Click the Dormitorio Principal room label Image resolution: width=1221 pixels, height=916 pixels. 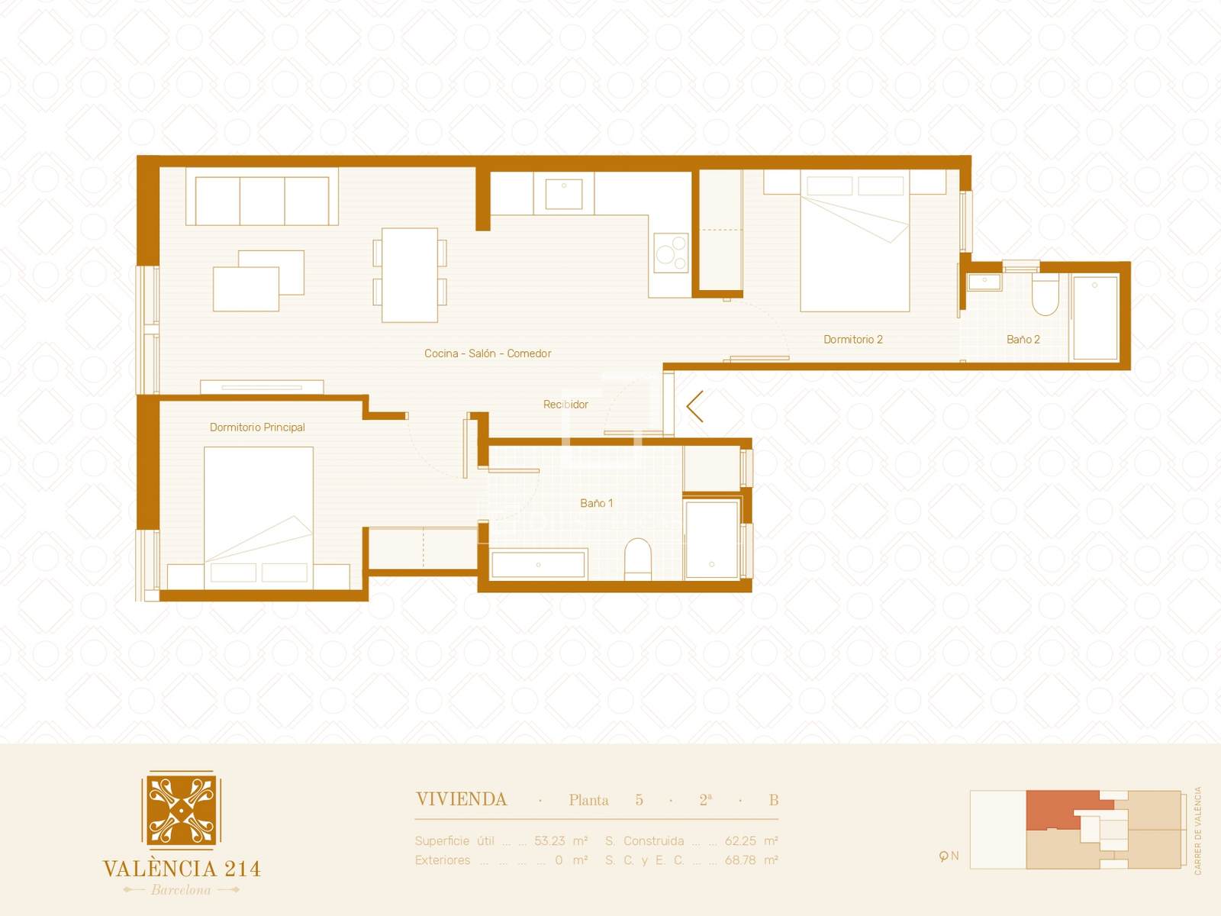tap(257, 427)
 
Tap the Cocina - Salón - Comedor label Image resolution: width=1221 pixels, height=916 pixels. tap(488, 353)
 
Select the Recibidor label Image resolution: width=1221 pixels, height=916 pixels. tap(565, 405)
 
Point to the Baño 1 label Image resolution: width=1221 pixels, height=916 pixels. tap(596, 503)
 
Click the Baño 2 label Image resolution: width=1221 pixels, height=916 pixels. tap(1023, 339)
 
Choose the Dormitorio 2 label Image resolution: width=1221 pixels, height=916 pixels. tap(852, 339)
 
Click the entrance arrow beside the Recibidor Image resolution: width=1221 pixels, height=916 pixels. tap(694, 406)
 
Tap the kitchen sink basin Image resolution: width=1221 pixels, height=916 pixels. tap(563, 194)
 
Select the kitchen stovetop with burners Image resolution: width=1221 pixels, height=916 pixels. tap(670, 253)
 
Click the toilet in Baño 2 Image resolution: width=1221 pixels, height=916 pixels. tap(1045, 294)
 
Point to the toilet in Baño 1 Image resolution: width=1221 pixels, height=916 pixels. tap(637, 558)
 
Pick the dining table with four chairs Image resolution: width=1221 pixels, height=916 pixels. tap(410, 275)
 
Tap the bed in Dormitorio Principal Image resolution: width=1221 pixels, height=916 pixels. tap(258, 518)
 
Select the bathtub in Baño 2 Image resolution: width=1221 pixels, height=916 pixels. tap(1095, 318)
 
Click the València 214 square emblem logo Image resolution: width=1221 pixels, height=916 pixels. tap(182, 810)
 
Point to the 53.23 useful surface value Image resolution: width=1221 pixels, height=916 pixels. tap(549, 841)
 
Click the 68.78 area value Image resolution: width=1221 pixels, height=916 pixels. tap(740, 860)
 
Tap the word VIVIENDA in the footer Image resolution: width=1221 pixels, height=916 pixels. tap(461, 800)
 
